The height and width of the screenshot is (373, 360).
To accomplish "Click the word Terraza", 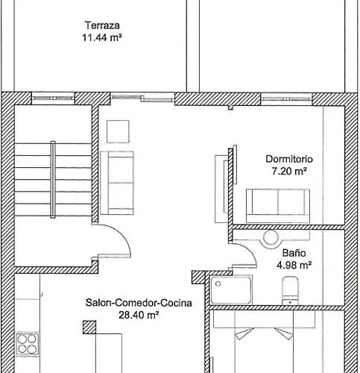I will tap(102, 22).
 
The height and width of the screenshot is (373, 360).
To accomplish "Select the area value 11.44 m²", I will tap(102, 34).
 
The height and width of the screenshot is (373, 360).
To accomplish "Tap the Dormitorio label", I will tap(289, 159).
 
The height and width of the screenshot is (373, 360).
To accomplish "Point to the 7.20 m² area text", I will tap(289, 171).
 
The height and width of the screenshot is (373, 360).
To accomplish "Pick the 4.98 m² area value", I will tap(293, 264).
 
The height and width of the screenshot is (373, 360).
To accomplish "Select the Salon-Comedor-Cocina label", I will tap(139, 303).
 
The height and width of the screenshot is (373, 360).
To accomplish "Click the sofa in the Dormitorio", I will tap(278, 201).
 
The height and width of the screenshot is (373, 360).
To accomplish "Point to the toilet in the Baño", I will tap(289, 289).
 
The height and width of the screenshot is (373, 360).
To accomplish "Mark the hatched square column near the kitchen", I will tap(89, 326).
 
